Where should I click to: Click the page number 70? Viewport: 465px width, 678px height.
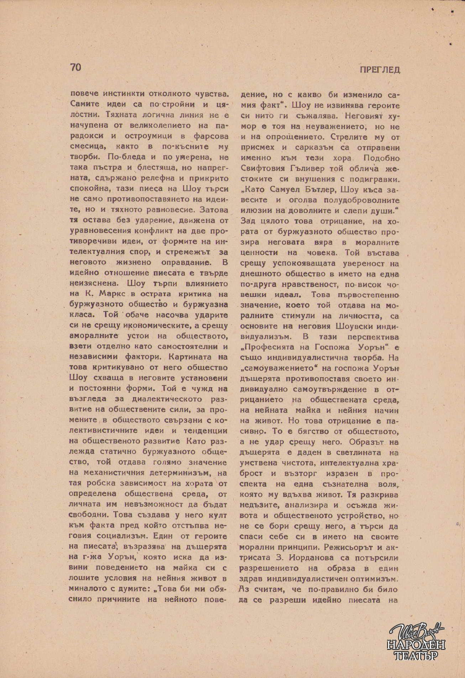76,67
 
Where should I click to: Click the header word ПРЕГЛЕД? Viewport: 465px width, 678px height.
380,70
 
